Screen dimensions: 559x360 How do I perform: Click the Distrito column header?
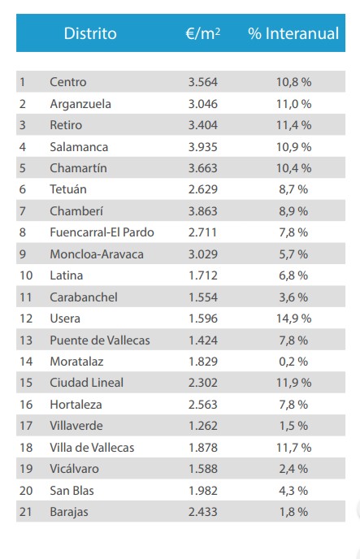click(x=90, y=33)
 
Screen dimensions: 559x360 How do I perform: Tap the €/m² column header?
click(x=203, y=33)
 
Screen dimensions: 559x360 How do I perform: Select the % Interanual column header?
click(x=293, y=33)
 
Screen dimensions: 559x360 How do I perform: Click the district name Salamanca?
click(x=79, y=147)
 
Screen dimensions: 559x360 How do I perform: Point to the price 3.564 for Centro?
click(x=203, y=82)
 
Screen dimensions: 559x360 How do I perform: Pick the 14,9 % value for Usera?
click(x=293, y=318)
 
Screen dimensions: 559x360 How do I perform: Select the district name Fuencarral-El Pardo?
click(x=102, y=232)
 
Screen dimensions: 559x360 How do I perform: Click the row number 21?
click(x=25, y=512)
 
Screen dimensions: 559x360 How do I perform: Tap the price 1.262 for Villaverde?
click(x=203, y=426)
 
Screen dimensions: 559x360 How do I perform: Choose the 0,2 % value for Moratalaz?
click(x=293, y=362)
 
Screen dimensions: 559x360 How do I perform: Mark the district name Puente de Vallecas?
click(x=99, y=340)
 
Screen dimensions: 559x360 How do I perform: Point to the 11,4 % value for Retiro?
click(x=293, y=125)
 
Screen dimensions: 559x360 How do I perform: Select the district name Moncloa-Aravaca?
click(x=97, y=254)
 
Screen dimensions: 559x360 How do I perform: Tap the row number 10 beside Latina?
click(x=25, y=275)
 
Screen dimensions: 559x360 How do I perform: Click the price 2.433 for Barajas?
click(x=203, y=512)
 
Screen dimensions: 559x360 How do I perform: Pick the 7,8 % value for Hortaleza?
click(x=293, y=405)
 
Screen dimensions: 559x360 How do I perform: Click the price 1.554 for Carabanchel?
click(x=203, y=297)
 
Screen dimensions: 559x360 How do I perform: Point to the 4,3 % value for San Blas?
click(x=293, y=490)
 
